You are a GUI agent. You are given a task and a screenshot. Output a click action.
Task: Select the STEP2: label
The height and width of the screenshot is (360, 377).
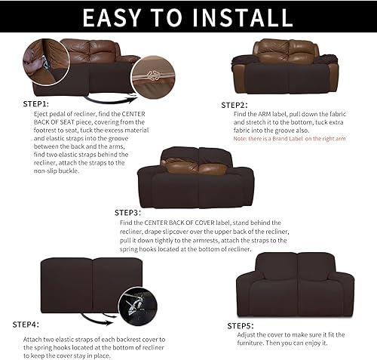tap(234, 105)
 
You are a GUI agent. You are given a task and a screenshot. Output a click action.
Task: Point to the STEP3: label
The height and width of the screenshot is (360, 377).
tap(128, 213)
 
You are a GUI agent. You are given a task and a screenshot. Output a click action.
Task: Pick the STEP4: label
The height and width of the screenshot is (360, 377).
tap(26, 325)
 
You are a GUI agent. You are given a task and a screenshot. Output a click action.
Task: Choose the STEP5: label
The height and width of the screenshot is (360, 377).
tap(241, 325)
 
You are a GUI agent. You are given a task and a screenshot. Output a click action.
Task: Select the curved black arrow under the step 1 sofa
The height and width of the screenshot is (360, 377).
tap(110, 98)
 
